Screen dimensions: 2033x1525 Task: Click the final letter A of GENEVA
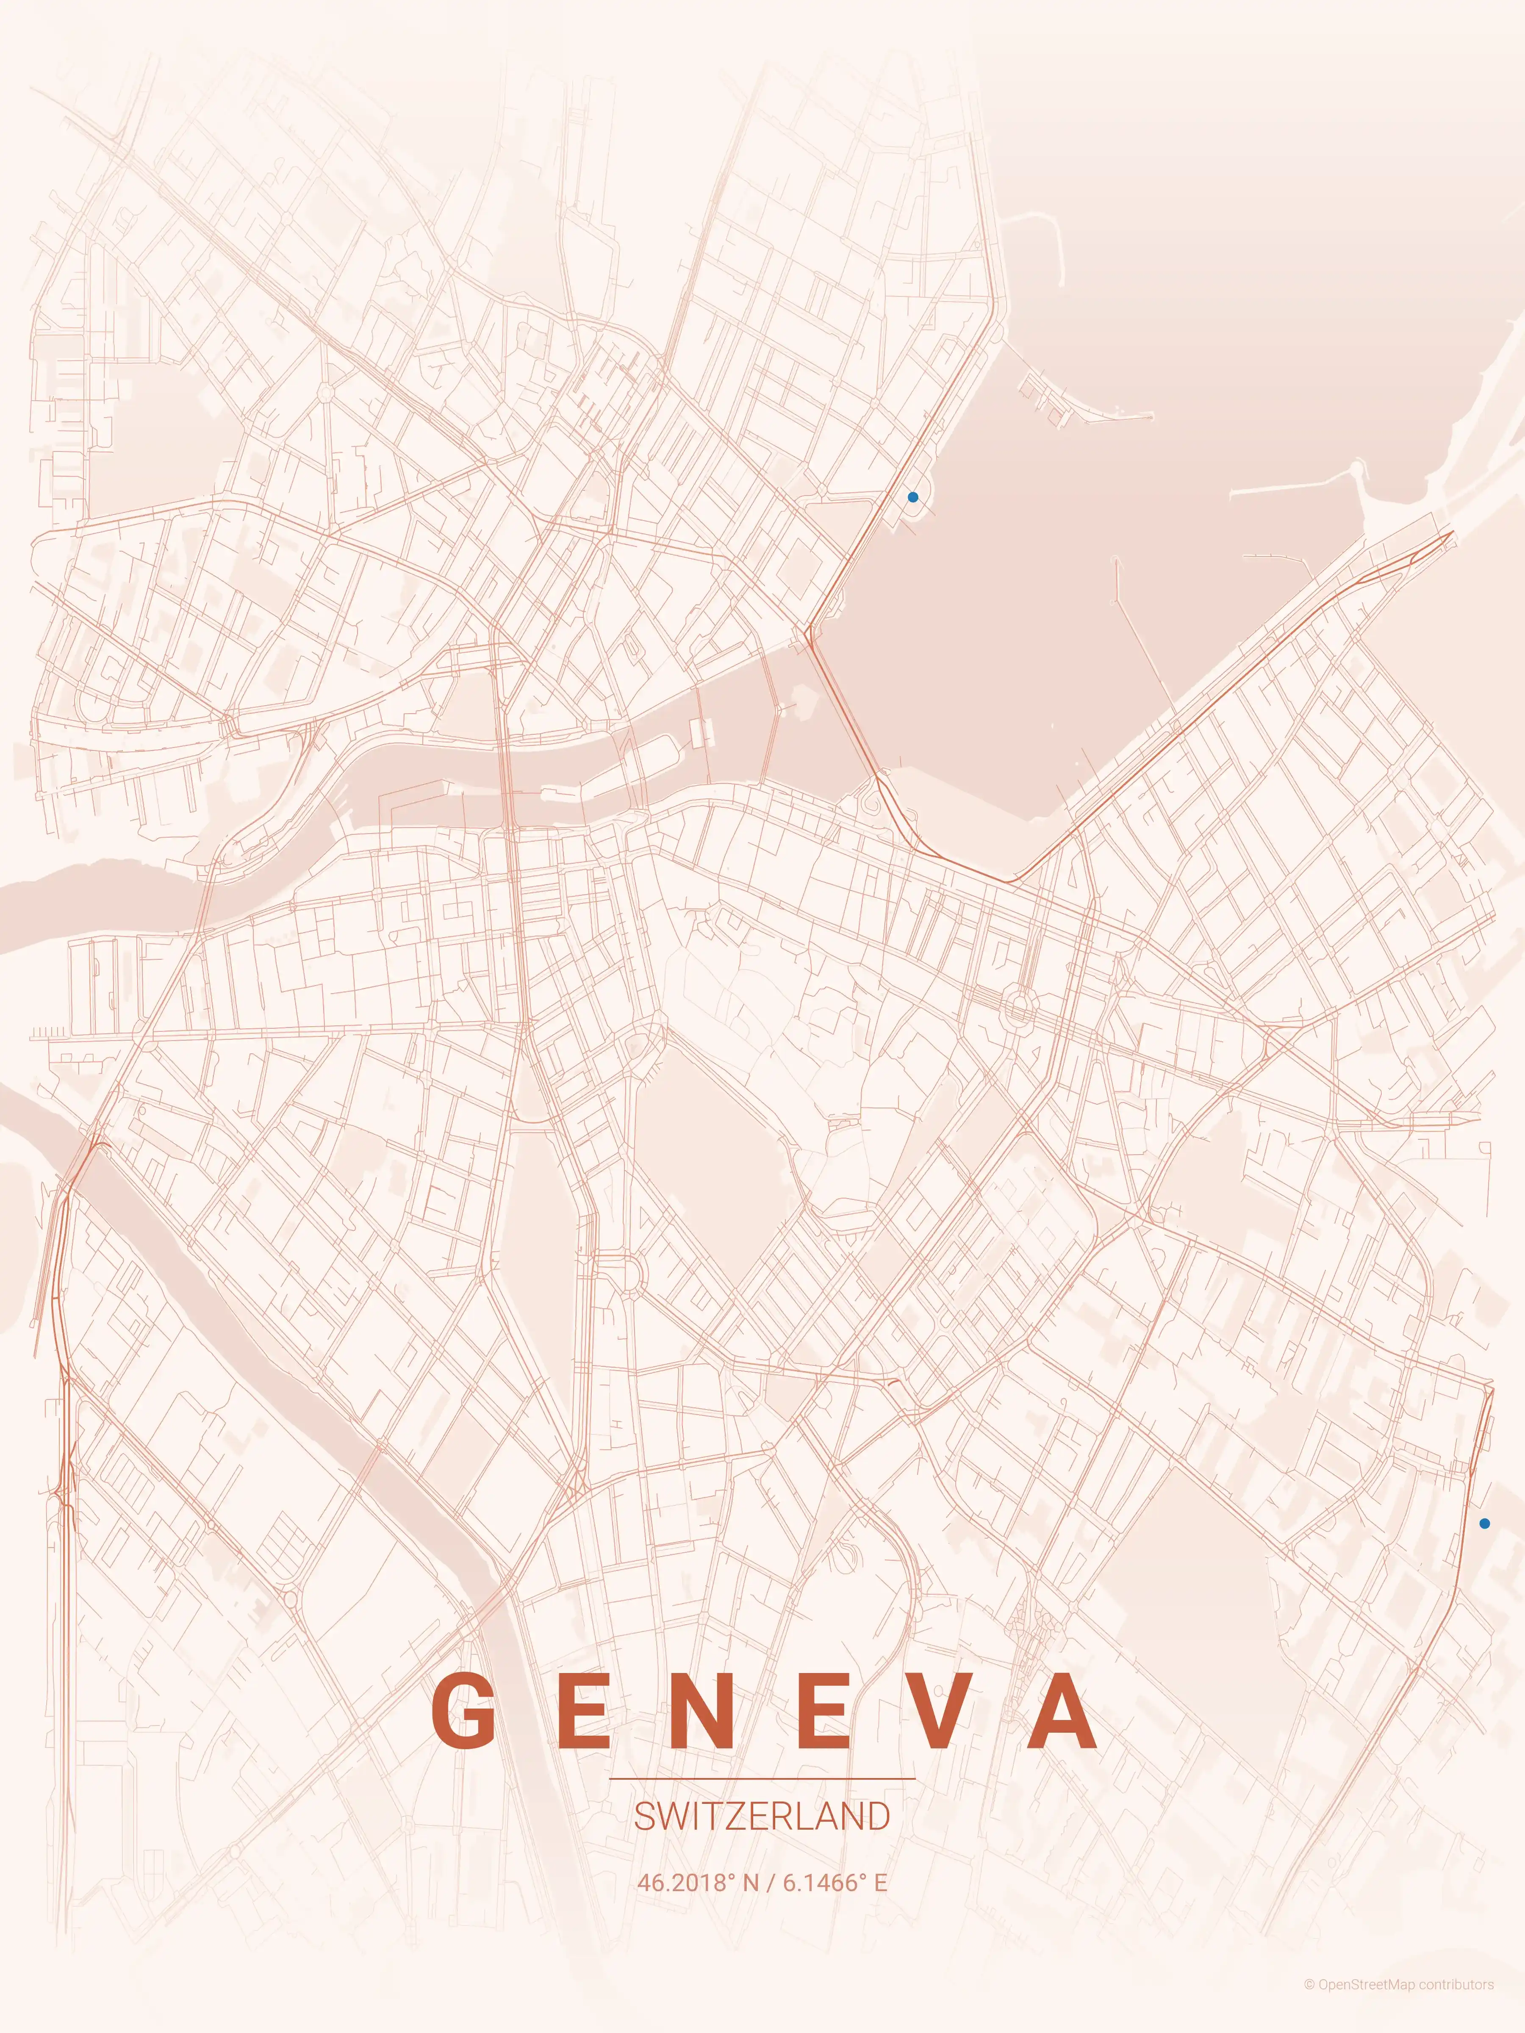[x=1062, y=1712]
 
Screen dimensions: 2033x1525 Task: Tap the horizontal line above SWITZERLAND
[x=762, y=1778]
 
